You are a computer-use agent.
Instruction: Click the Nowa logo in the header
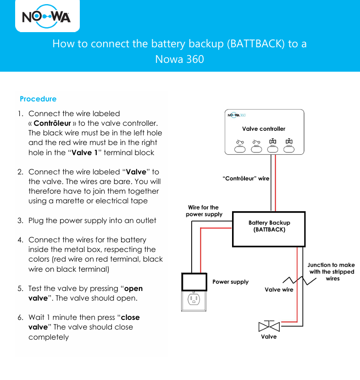[x=46, y=17]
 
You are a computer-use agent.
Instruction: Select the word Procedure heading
[x=38, y=99]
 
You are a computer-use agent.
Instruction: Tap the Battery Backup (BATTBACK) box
[x=269, y=229]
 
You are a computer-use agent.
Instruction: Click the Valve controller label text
[x=264, y=129]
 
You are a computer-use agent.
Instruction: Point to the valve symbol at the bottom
[x=269, y=326]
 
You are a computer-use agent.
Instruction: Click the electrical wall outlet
[x=194, y=299]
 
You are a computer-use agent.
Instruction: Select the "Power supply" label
[x=230, y=282]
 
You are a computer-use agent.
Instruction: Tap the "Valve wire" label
[x=279, y=290]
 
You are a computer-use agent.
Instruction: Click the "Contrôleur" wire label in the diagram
[x=246, y=178]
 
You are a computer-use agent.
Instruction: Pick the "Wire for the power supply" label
[x=204, y=211]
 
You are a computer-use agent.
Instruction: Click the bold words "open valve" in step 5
[x=133, y=289]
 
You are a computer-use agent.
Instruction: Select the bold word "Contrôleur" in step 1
[x=52, y=123]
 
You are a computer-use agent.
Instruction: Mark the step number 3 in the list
[x=20, y=221]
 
